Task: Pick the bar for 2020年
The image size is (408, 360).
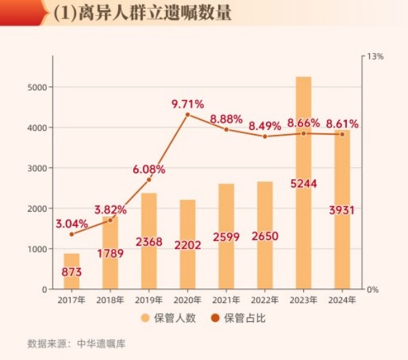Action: [188, 218]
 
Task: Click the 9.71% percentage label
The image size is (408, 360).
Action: [188, 104]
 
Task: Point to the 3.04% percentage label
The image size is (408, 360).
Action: [71, 223]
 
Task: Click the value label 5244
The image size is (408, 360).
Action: [303, 183]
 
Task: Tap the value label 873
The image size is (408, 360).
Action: [71, 272]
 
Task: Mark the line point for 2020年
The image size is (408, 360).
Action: [188, 114]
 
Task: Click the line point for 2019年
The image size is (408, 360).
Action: [149, 180]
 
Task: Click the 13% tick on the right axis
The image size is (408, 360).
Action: [375, 56]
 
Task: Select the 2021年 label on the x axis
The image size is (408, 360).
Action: [226, 300]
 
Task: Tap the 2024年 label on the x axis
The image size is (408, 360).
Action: [342, 300]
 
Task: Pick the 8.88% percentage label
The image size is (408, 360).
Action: [226, 118]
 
